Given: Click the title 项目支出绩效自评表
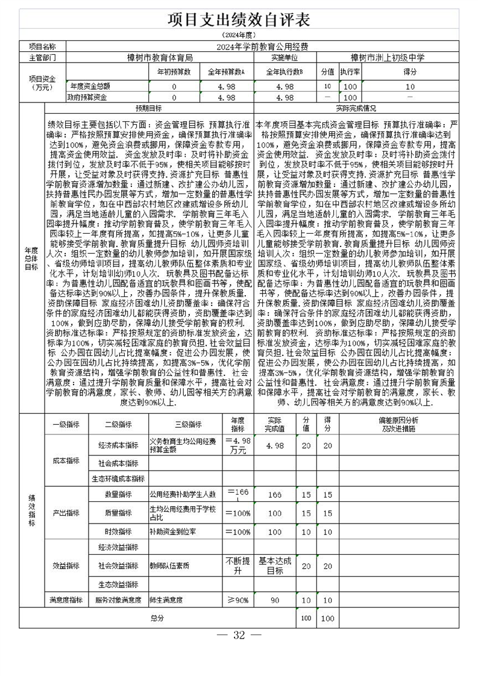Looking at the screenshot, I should click(x=239, y=20).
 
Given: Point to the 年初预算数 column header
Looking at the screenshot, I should click(x=174, y=72).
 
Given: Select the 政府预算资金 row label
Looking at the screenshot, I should click(x=87, y=97).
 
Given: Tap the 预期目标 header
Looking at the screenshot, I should click(x=148, y=108).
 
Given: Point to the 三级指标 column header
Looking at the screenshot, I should click(x=187, y=424).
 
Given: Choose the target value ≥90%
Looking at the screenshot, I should click(x=237, y=600).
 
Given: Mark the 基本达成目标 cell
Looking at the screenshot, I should click(x=275, y=566).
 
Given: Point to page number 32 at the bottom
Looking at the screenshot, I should click(x=239, y=636).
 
